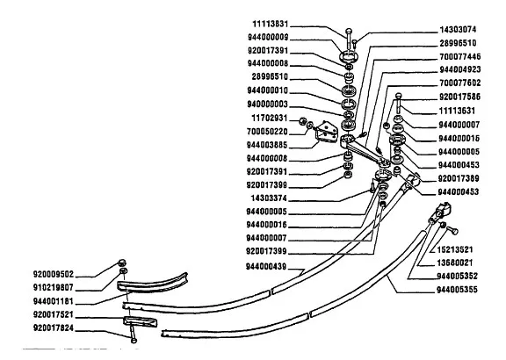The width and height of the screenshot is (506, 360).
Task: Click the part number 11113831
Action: (x=270, y=25)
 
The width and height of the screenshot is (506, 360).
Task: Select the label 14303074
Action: (x=458, y=30)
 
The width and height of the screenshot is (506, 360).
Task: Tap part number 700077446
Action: (x=459, y=57)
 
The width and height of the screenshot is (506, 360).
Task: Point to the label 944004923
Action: (x=459, y=69)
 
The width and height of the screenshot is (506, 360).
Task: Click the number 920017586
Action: (x=459, y=97)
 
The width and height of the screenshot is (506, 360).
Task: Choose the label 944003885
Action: (x=267, y=145)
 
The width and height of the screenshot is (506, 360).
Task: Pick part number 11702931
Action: (x=270, y=118)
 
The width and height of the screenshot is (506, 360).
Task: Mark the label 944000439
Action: (x=266, y=267)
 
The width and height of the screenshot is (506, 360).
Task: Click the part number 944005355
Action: (x=457, y=290)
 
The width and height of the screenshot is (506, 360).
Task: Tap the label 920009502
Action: (x=54, y=275)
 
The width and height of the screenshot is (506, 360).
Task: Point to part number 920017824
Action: (x=54, y=328)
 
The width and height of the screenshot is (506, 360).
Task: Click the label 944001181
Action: (x=54, y=302)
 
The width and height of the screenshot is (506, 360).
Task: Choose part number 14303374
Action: (x=269, y=198)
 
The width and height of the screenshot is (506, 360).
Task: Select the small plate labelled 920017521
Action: (x=140, y=321)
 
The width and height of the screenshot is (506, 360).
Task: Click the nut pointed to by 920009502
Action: (x=121, y=263)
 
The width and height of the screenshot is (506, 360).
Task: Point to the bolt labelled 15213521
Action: (x=452, y=230)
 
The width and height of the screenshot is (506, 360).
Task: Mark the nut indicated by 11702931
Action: (x=302, y=121)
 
